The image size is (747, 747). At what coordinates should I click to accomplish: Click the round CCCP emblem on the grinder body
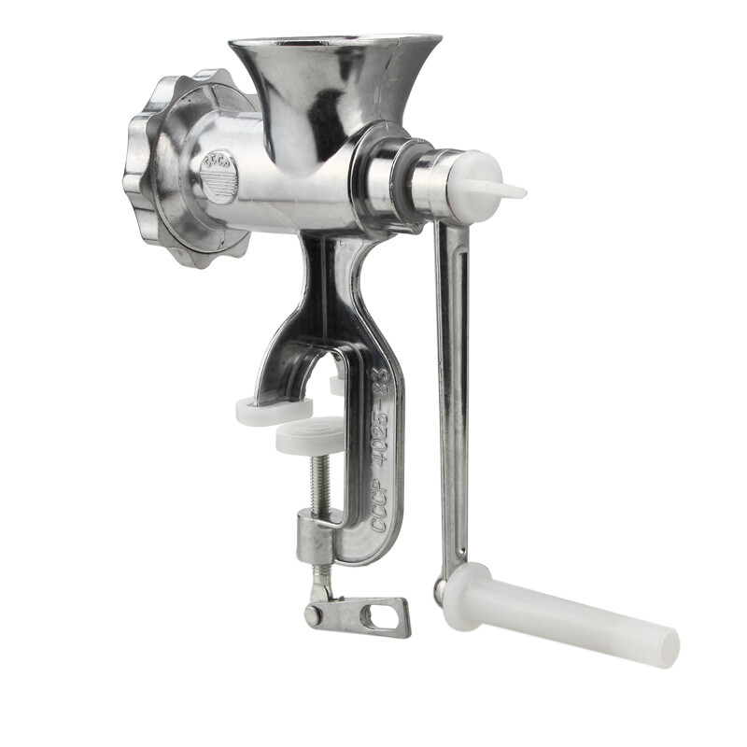point(221,174)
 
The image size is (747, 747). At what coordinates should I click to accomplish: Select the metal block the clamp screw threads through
point(317,539)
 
